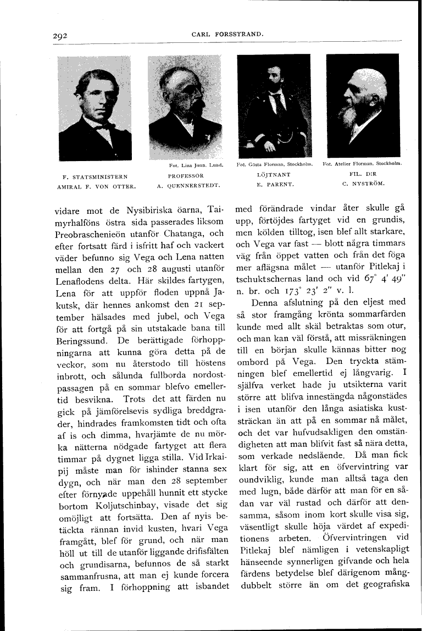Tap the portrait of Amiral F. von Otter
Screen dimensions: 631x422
[95, 108]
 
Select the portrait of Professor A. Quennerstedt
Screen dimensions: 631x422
[184, 107]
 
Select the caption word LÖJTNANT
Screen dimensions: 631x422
[273, 175]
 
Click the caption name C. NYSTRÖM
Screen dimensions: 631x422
[363, 184]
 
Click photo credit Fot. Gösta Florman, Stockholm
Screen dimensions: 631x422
[275, 164]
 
